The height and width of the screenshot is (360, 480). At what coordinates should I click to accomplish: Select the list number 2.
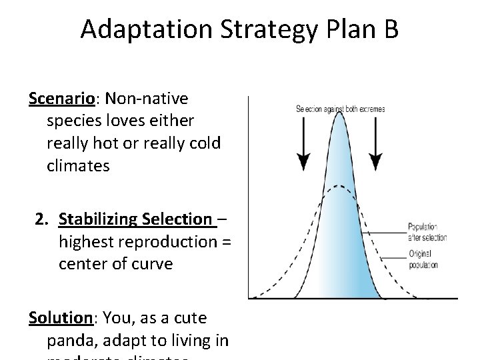(x=42, y=219)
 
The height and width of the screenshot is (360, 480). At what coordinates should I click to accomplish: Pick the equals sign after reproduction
(x=225, y=241)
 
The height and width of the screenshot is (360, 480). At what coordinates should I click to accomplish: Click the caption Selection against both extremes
(x=340, y=109)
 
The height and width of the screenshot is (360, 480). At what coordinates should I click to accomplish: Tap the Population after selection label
(x=427, y=232)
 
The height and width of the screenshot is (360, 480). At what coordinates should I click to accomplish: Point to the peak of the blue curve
(x=340, y=115)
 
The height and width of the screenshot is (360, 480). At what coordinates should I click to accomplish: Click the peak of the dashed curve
(x=340, y=185)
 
